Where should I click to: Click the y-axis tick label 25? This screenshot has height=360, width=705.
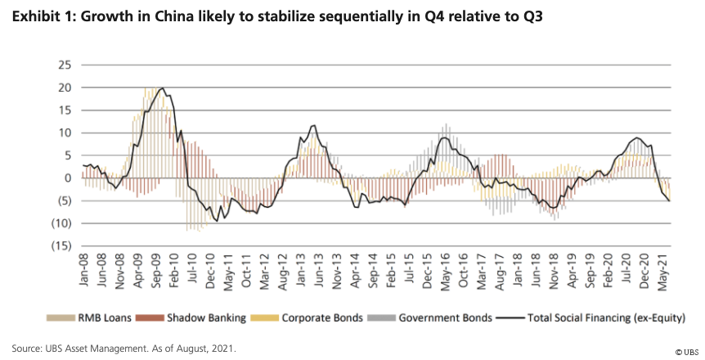65,65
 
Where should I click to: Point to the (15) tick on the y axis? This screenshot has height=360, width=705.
62,245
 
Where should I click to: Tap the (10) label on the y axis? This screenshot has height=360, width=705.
62,223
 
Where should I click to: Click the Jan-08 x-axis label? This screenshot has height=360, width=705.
84,271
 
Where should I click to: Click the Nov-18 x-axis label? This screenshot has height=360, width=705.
557,271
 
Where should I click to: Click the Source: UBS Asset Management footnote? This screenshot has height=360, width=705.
123,348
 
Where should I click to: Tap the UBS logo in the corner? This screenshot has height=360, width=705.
686,351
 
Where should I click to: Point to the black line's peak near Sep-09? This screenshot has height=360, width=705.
162,88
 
